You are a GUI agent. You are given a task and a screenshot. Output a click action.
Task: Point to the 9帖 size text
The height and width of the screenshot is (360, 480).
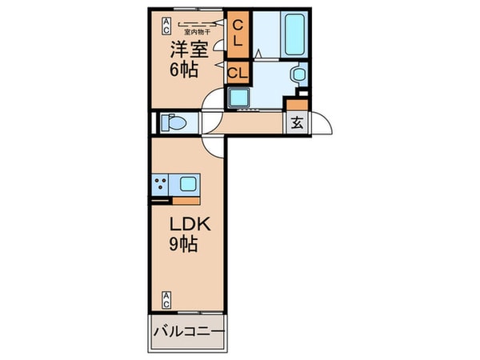pyautogui.click(x=183, y=246)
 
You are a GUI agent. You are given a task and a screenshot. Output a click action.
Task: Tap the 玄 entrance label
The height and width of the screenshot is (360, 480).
pyautogui.click(x=297, y=123)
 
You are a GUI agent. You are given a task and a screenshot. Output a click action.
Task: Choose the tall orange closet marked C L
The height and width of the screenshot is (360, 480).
pyautogui.click(x=238, y=34)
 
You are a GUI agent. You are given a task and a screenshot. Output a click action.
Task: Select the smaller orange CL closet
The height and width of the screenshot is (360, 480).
pyautogui.click(x=238, y=74)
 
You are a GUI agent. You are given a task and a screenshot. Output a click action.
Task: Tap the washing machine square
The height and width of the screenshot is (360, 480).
pyautogui.click(x=239, y=99)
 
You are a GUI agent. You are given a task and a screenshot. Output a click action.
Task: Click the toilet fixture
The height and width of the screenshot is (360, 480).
pyautogui.click(x=171, y=124)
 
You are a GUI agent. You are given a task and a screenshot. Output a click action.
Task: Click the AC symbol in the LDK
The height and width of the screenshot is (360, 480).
pyautogui.click(x=166, y=301)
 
